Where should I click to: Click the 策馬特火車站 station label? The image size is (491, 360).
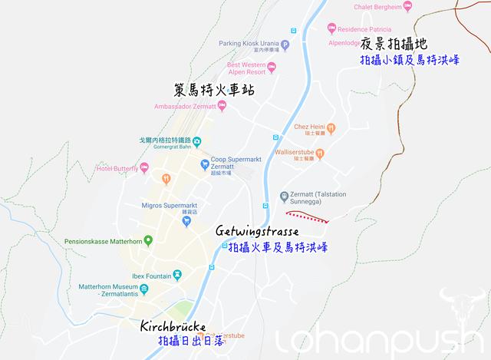pos(213,91)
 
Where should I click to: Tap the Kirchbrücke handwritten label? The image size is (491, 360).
pos(173,325)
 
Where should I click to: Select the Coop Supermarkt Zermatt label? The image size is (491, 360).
pos(236,154)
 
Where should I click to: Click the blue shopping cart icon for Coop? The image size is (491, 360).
pos(205,164)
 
